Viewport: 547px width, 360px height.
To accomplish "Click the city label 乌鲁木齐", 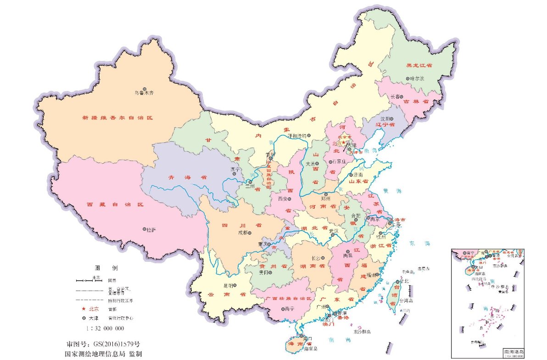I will point(144,93).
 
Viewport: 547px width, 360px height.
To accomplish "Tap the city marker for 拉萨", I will point(145,228).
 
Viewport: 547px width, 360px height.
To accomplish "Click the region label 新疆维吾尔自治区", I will point(117,118).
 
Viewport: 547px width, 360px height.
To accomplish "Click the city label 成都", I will point(243,233).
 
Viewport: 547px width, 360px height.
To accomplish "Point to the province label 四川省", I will point(235,225).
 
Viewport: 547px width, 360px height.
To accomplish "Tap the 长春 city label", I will point(395,97).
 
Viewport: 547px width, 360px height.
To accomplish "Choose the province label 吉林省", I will point(416,101).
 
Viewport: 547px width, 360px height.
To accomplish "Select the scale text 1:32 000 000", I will point(105,328).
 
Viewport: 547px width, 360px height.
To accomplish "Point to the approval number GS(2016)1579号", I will point(103,343).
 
